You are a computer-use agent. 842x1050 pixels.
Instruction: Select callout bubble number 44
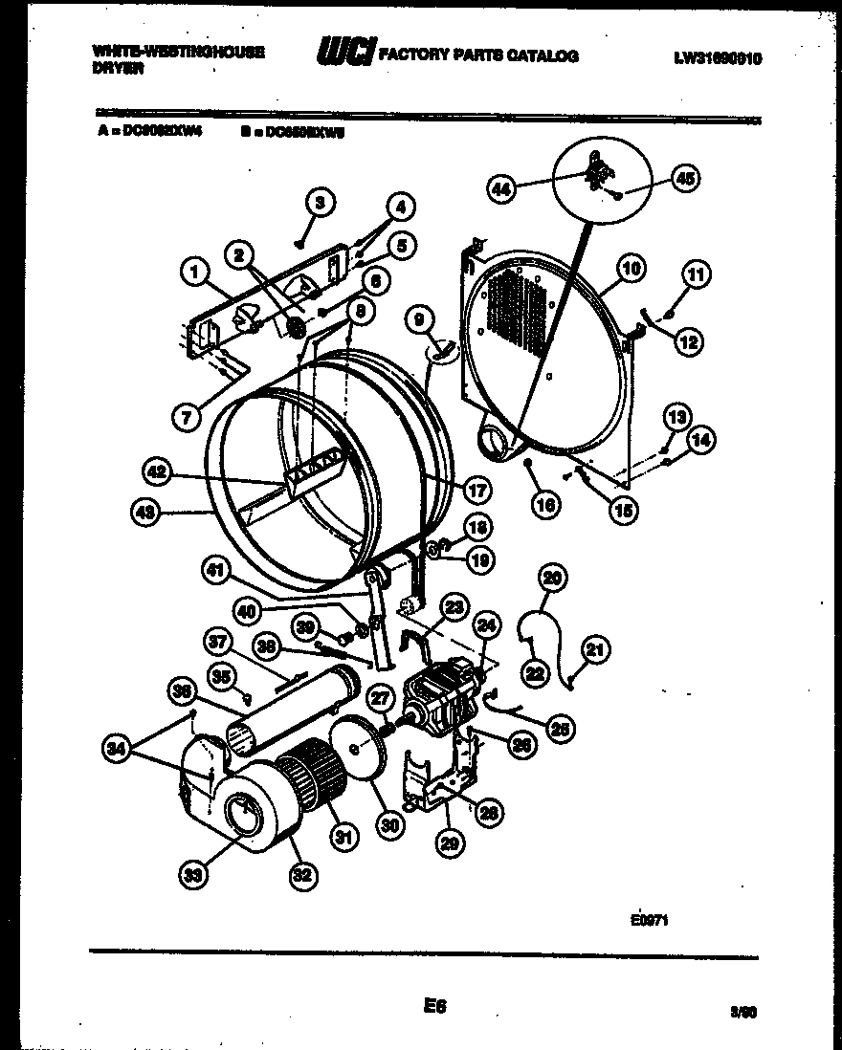coord(501,189)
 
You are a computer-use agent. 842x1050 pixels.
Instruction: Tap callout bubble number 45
coord(686,177)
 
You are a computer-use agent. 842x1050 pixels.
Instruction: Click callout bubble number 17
coord(476,490)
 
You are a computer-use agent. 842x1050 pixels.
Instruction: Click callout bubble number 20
coord(552,577)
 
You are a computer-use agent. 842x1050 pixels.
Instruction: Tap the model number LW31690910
coord(718,57)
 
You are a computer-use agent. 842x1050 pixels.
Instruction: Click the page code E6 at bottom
coord(433,1006)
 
